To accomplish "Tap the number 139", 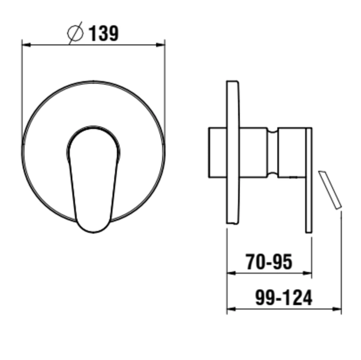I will pos(103,33).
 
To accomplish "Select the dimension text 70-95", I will pos(269,262).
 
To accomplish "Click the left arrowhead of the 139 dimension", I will pos(25,45).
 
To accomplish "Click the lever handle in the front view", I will pos(93,178).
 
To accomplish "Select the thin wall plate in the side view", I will pos(232,152).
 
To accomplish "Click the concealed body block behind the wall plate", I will pos(217,153).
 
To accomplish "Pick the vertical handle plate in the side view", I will pos(309,180).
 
